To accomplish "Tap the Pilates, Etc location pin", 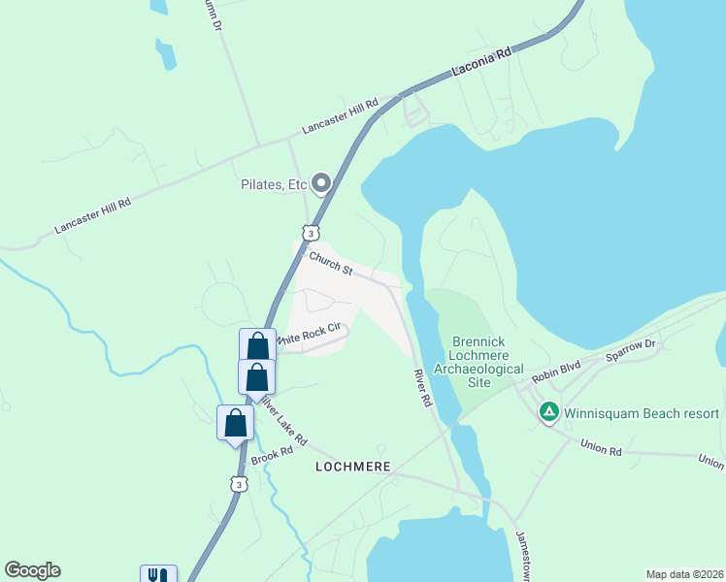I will coord(320,182).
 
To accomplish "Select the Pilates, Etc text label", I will coord(274,183).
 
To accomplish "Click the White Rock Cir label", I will coord(310,335).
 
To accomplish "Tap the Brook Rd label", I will coord(272,454).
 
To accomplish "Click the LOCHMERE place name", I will coord(353,467).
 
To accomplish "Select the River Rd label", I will coord(421,386).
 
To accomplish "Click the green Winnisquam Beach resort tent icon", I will coord(548,413).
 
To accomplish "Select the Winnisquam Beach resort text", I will coord(642,413).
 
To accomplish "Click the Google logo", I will coord(32,570).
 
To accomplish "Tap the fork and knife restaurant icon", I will coord(158,574).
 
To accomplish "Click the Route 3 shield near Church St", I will coord(310,233).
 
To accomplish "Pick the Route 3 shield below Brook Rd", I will coord(239,483).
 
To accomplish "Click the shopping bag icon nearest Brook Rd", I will coord(235,423).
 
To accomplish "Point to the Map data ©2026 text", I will coord(684,574).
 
